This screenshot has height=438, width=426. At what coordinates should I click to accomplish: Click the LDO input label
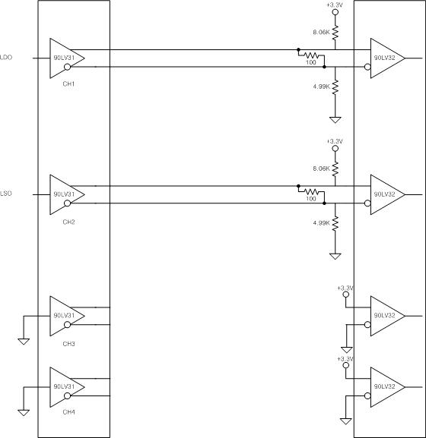click(6, 58)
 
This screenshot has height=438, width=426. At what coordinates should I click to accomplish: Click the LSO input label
click(6, 194)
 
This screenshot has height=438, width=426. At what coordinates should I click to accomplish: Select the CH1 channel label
click(68, 84)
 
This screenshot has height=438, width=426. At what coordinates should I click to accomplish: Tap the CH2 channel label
click(68, 222)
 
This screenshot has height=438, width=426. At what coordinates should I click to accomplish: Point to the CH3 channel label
click(68, 344)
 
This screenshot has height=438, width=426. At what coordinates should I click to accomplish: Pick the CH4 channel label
click(68, 412)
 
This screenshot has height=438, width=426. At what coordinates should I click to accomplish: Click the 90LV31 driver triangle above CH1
click(67, 58)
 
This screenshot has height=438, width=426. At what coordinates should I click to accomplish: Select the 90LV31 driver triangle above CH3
click(67, 316)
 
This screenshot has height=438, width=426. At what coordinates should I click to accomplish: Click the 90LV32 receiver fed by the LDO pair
click(388, 58)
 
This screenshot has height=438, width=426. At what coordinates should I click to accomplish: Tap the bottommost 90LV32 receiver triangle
click(388, 387)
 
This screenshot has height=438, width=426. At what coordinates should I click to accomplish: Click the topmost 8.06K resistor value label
click(321, 32)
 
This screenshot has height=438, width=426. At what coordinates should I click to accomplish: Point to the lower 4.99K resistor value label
click(321, 223)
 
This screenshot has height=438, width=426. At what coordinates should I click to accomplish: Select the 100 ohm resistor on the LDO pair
click(311, 55)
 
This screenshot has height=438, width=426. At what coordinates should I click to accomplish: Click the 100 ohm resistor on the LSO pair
click(311, 191)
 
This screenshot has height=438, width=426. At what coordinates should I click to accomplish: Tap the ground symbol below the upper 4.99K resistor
click(335, 120)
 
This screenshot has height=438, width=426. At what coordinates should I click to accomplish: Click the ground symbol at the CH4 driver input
click(24, 413)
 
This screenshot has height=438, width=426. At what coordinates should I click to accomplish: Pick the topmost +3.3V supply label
click(335, 5)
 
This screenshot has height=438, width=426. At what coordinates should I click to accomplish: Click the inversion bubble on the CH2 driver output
click(68, 203)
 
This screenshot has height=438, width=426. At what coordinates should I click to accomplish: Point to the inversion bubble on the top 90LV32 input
click(367, 67)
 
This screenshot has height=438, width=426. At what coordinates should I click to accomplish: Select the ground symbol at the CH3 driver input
click(24, 342)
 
